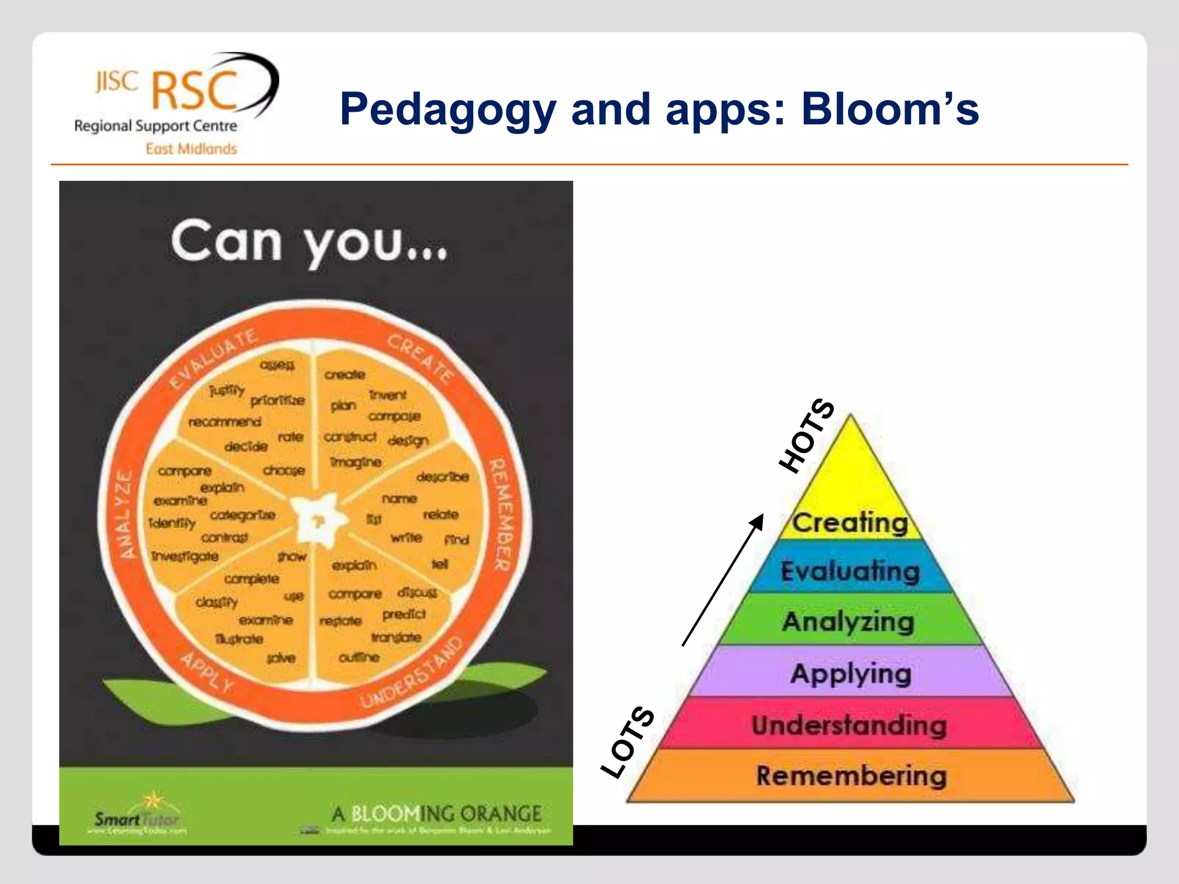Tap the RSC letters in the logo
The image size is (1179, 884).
195,91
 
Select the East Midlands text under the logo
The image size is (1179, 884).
191,149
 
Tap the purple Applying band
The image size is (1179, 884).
850,673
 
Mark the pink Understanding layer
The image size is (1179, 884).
849,725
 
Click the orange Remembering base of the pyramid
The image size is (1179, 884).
851,776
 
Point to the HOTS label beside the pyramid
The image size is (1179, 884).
806,436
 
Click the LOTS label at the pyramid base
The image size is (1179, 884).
627,742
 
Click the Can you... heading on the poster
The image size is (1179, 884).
309,242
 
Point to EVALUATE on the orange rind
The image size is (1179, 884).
213,360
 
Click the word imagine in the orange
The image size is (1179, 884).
356,462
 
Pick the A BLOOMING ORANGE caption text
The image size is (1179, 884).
436,814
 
